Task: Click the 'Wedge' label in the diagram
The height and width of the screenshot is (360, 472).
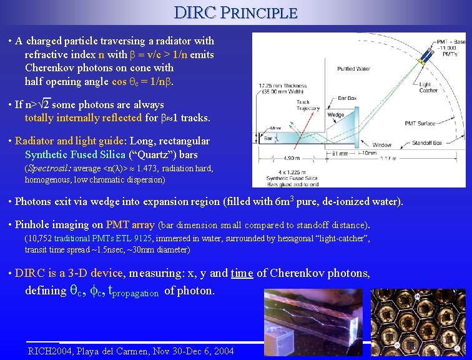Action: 335,115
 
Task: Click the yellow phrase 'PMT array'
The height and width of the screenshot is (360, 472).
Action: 130,224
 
